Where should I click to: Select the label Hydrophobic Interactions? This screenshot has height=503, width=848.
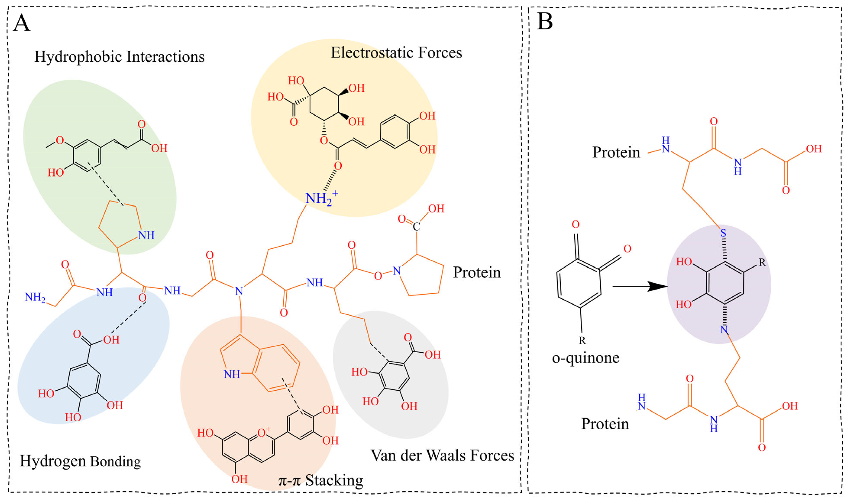[x=119, y=57]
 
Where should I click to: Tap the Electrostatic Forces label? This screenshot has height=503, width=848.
[x=396, y=53]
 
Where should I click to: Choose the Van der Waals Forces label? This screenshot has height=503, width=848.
[x=442, y=455]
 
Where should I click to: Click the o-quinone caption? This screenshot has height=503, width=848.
[x=585, y=357]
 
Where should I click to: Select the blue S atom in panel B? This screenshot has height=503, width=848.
[x=723, y=233]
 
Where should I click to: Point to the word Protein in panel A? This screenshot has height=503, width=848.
[x=477, y=272]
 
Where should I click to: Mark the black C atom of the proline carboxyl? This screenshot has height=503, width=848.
[x=416, y=226]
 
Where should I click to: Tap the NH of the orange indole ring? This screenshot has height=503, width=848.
[x=232, y=374]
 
